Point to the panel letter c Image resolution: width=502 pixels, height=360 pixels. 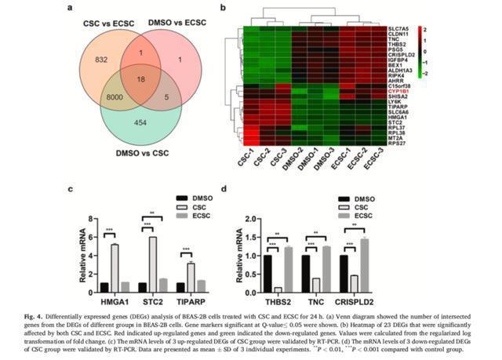coord(71,188)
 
